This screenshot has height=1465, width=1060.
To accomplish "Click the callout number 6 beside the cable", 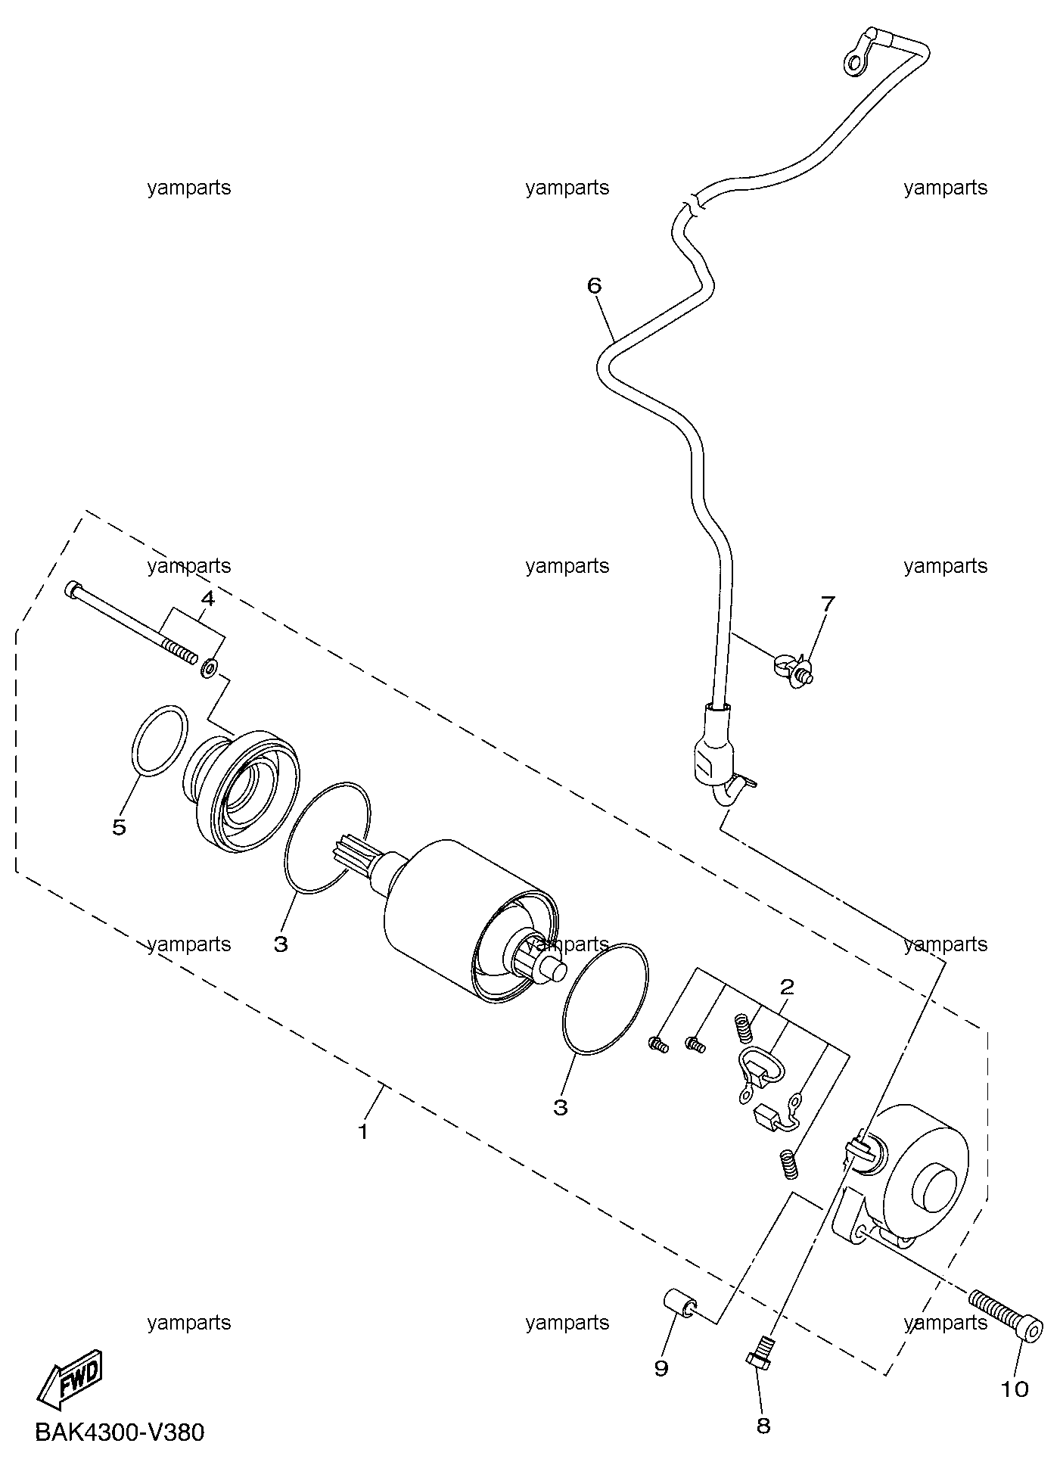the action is click(594, 286).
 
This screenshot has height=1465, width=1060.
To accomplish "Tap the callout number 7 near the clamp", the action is click(828, 604).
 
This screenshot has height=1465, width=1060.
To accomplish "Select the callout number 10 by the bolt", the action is click(1015, 1389).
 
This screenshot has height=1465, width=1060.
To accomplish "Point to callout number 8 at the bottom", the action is click(763, 1426).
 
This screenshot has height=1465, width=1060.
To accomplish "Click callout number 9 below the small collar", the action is click(661, 1369).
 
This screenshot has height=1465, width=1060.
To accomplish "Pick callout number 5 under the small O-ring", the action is click(119, 827).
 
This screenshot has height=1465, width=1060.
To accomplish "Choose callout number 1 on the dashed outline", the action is click(363, 1132).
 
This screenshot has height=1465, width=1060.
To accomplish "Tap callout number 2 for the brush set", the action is click(787, 986).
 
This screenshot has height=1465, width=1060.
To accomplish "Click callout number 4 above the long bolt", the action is click(207, 599).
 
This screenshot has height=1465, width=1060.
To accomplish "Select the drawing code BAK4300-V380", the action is click(120, 1432).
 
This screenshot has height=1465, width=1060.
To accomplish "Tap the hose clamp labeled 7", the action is click(793, 668).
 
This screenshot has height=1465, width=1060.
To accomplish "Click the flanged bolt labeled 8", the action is click(760, 1350).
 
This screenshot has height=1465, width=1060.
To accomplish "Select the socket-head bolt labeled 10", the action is click(1006, 1314).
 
